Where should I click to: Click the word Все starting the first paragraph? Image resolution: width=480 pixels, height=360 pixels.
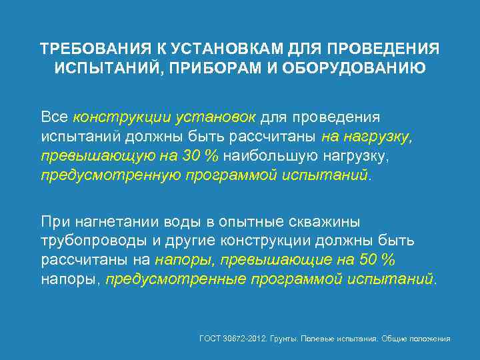coord(55,117)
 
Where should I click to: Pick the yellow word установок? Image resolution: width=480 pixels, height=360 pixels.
coord(215,117)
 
